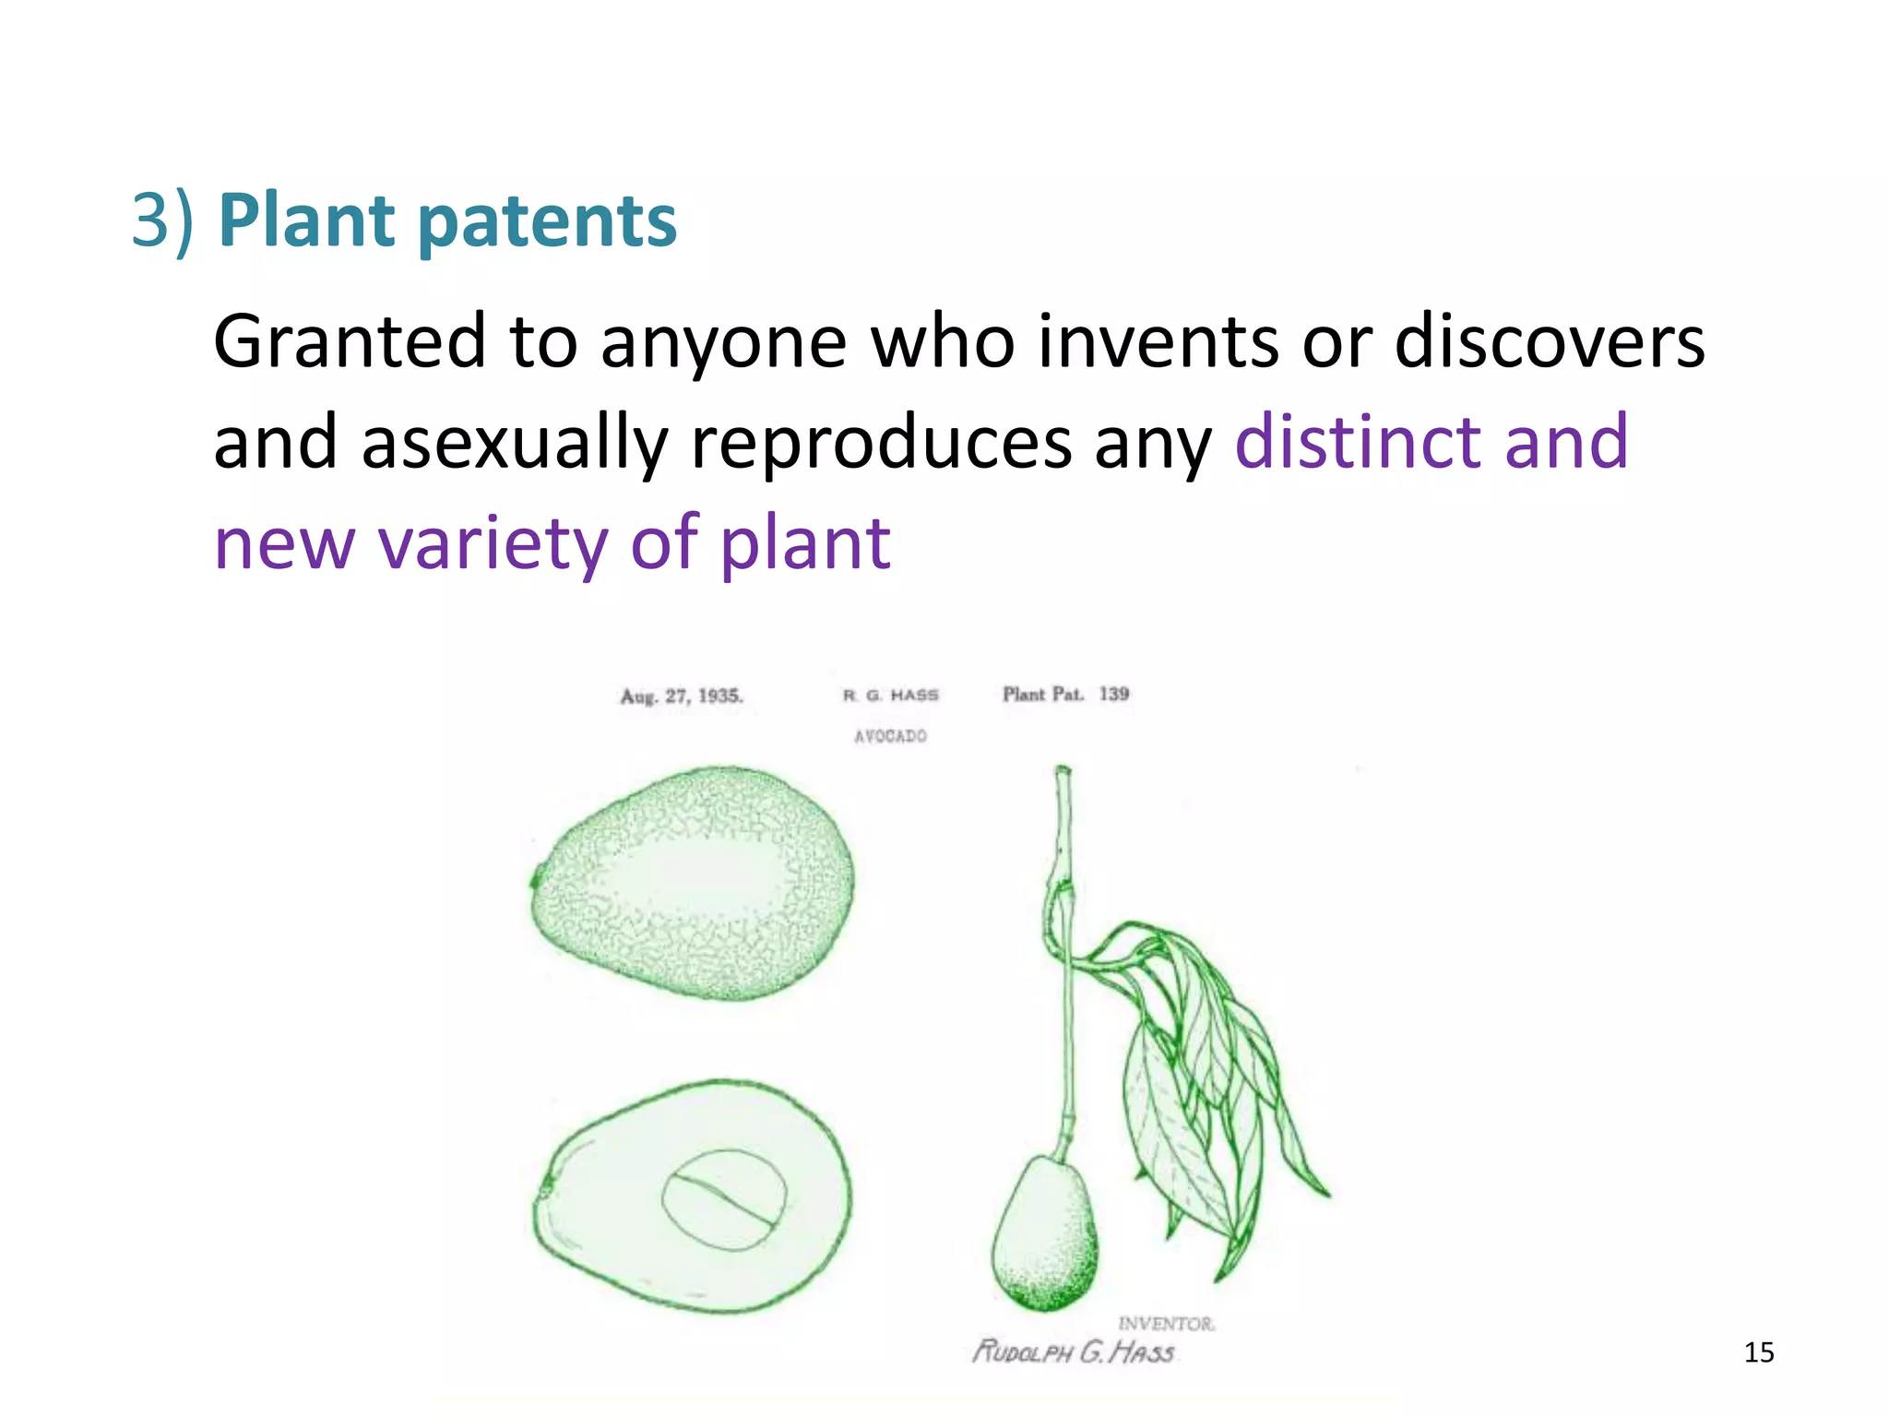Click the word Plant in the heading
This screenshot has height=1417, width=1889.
(306, 221)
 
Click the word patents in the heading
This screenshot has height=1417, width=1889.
(548, 223)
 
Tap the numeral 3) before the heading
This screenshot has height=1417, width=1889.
(162, 221)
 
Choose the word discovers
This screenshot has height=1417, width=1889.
(1549, 341)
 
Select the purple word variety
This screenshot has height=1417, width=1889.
(493, 544)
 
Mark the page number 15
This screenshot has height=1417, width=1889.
(1759, 1352)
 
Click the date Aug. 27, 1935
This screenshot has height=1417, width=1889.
(682, 696)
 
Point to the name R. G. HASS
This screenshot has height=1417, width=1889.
(890, 695)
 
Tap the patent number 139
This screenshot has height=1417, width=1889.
(1113, 693)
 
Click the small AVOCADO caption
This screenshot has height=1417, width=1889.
(890, 736)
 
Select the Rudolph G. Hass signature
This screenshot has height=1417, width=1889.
(1074, 1352)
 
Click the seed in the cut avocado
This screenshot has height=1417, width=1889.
(724, 1199)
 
